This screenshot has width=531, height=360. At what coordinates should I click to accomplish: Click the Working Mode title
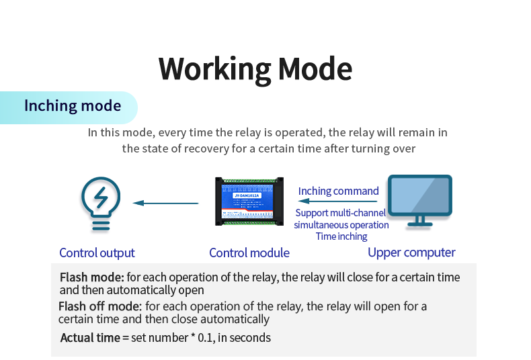tap(255, 69)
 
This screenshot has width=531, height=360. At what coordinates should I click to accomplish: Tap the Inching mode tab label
tap(73, 106)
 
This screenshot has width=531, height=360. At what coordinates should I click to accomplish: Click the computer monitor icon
tap(420, 201)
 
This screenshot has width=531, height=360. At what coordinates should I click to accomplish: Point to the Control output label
tap(97, 253)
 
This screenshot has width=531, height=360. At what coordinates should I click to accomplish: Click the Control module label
tap(249, 253)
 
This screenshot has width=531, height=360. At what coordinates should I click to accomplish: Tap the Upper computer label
tap(411, 253)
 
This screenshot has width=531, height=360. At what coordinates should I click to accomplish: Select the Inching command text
tap(339, 191)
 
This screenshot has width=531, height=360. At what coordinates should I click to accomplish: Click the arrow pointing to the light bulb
tap(165, 203)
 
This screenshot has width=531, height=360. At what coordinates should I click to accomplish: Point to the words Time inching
tap(341, 236)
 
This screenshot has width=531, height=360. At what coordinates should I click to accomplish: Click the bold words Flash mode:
tap(92, 277)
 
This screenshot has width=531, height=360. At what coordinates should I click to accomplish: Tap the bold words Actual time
tap(89, 338)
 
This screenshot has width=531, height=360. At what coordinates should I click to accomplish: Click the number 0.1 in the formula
tap(204, 338)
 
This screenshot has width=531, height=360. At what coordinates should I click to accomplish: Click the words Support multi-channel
tap(341, 214)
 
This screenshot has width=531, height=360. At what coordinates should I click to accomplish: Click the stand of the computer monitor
tap(420, 222)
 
